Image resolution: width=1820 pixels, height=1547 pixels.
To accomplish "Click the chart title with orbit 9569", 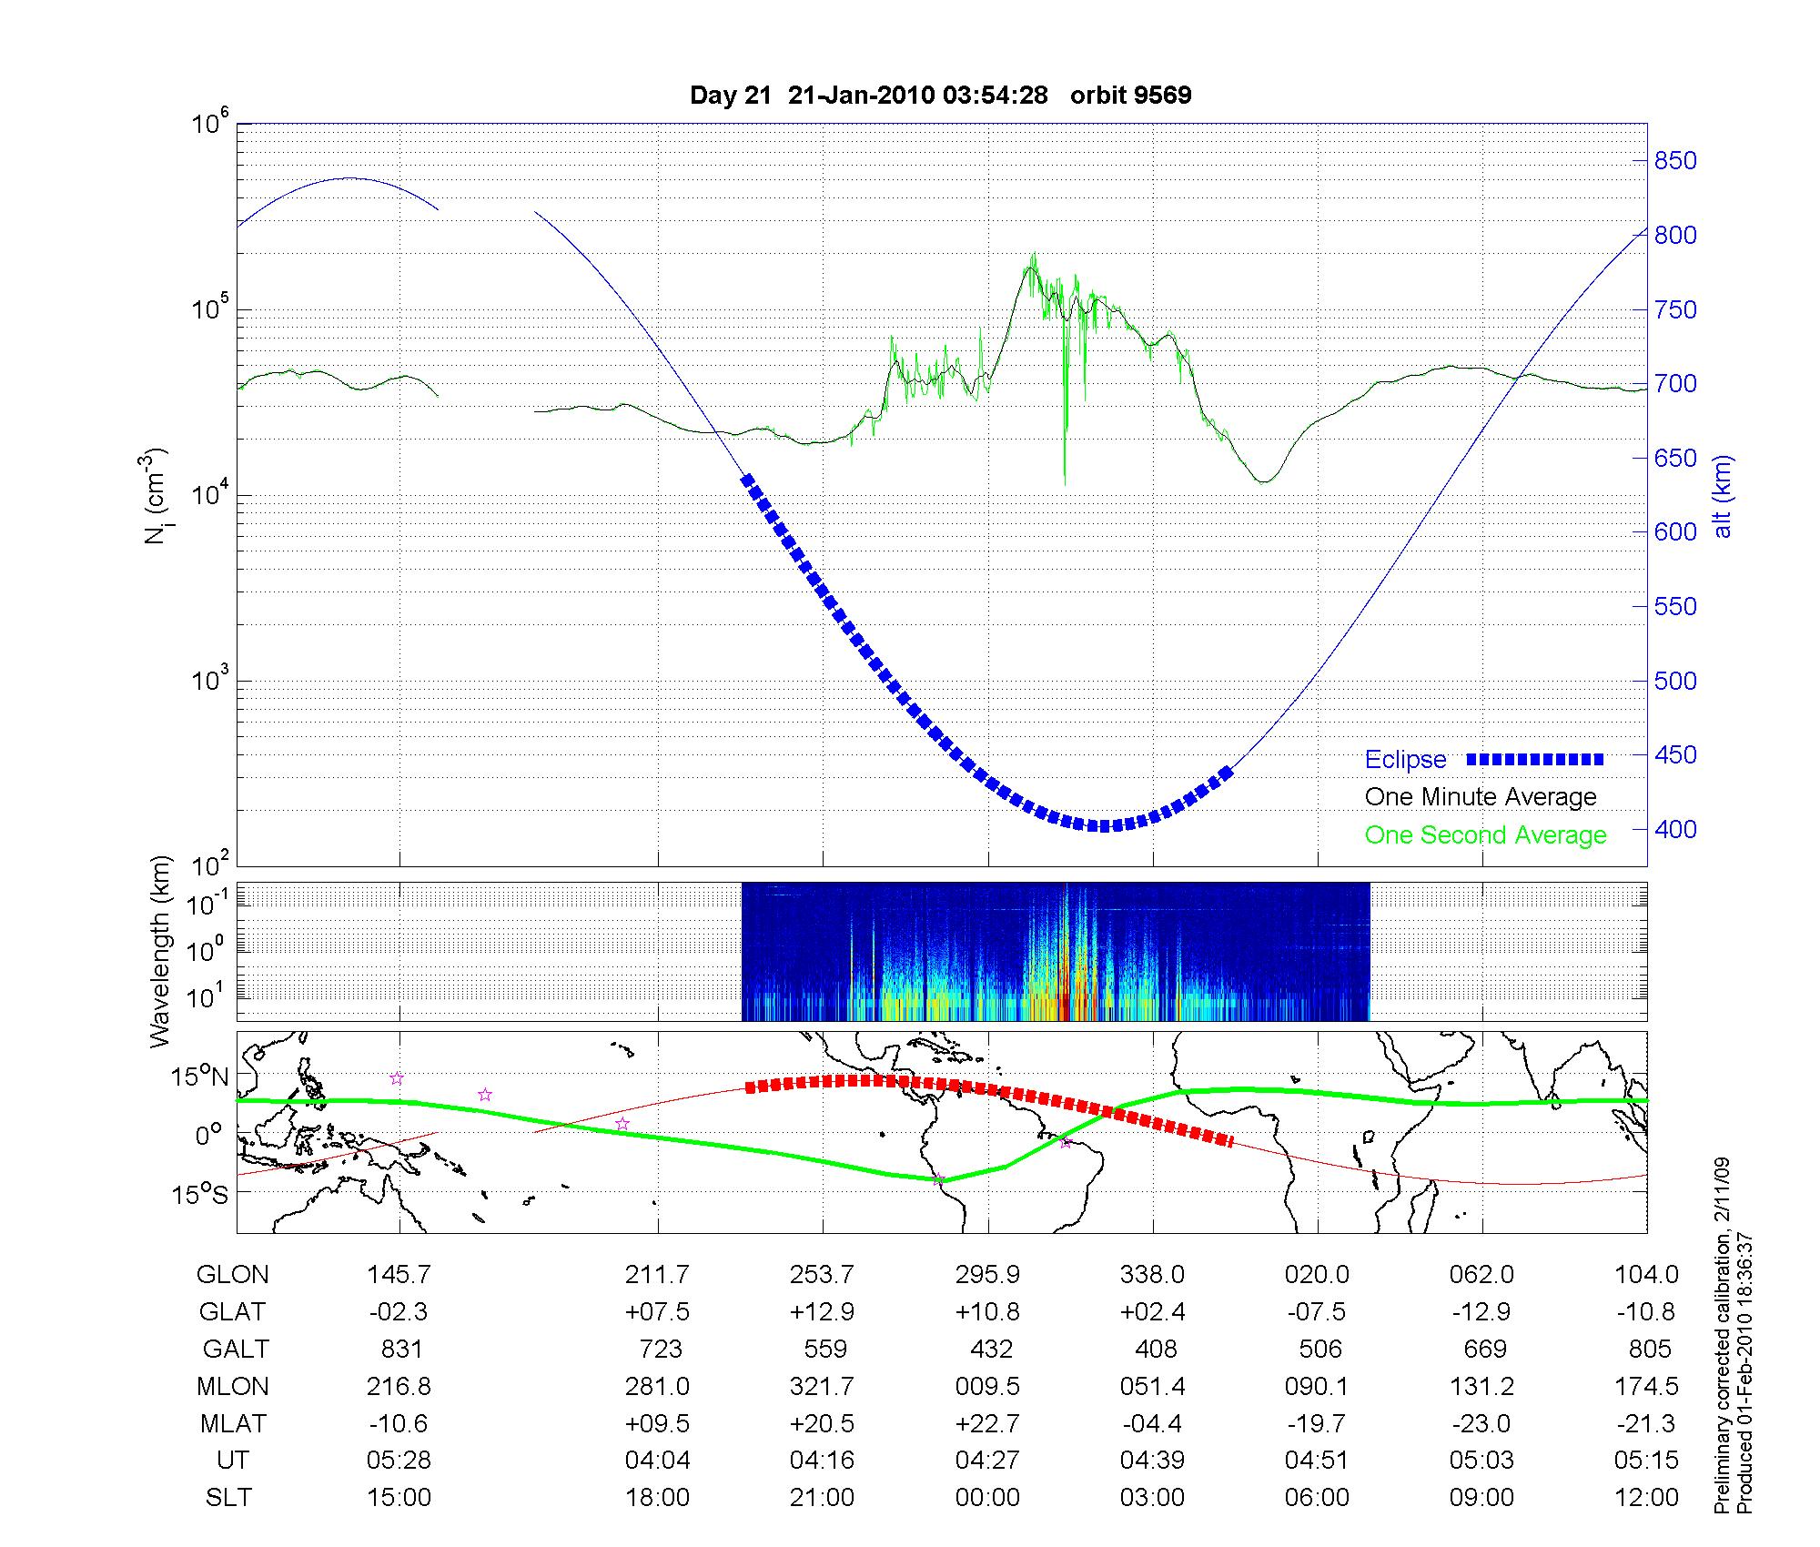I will (940, 96).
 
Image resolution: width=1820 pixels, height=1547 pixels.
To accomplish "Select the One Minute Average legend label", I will (1481, 797).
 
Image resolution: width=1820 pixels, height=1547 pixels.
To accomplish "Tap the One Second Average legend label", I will (1485, 835).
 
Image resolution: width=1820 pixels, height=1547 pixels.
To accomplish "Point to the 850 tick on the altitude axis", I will (1674, 161).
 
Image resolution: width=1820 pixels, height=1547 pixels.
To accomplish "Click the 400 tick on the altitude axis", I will (1674, 829).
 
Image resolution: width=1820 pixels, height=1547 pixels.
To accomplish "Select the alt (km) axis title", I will (1723, 496).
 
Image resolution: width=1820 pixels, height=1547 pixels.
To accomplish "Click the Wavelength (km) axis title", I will (160, 951).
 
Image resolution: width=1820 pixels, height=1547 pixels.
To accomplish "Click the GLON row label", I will (232, 1275).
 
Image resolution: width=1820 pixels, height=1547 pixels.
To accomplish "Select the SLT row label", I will (228, 1497).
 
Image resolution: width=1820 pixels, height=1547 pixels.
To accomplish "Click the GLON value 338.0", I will (1152, 1275).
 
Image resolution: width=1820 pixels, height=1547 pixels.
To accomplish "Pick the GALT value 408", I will (1156, 1349).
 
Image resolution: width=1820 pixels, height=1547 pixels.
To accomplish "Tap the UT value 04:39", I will (1152, 1461).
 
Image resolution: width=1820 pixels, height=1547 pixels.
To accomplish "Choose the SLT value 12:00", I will (1646, 1497).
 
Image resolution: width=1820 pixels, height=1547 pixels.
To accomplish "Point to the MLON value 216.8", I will (399, 1386).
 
